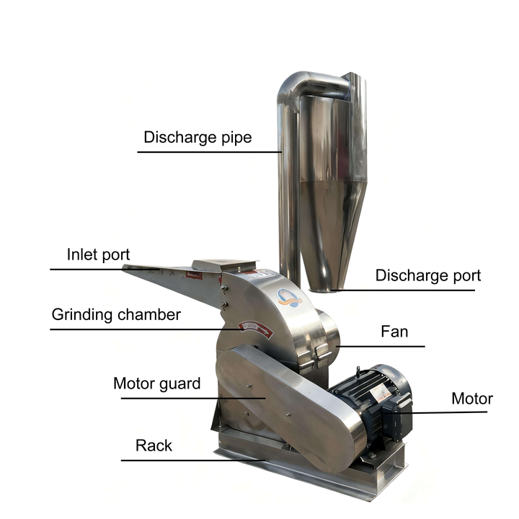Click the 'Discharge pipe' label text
pyautogui.click(x=198, y=138)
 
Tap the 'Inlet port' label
pyautogui.click(x=98, y=254)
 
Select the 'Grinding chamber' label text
pyautogui.click(x=116, y=315)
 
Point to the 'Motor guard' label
pyautogui.click(x=157, y=383)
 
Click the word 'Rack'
pyautogui.click(x=154, y=445)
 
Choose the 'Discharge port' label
pyautogui.click(x=428, y=275)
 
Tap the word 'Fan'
pyautogui.click(x=394, y=332)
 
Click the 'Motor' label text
pyautogui.click(x=472, y=399)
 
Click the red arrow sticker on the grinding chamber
pyautogui.click(x=256, y=329)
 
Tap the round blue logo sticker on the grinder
pyautogui.click(x=289, y=298)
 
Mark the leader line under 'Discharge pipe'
pyautogui.click(x=210, y=152)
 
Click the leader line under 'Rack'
pyautogui.click(x=193, y=460)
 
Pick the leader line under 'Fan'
pyautogui.click(x=381, y=347)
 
